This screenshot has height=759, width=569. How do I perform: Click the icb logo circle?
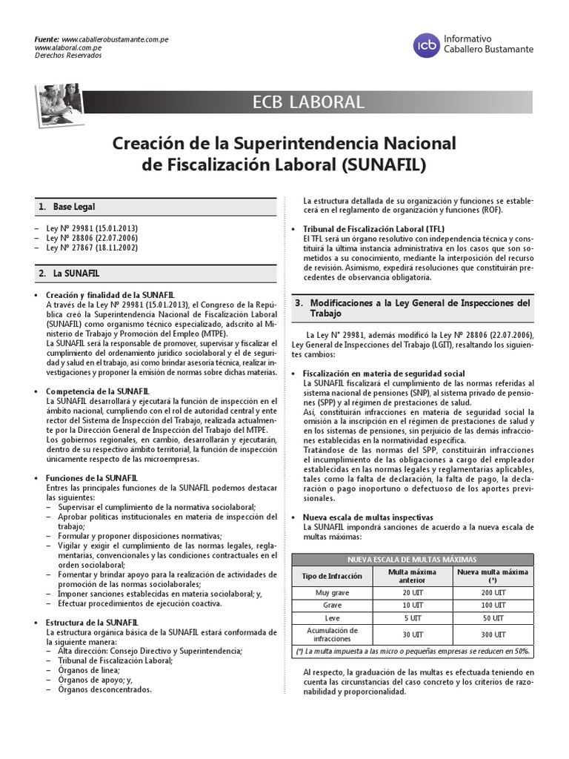click(x=427, y=45)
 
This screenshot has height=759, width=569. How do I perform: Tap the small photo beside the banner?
click(x=60, y=106)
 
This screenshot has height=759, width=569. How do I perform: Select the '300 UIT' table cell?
click(x=493, y=634)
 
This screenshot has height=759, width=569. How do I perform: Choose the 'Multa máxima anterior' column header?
click(x=413, y=576)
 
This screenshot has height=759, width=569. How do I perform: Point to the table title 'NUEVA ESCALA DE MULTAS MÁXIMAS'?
click(x=413, y=559)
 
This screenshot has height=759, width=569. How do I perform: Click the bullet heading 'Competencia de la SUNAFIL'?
click(x=92, y=391)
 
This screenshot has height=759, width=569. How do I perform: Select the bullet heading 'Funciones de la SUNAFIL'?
click(x=88, y=478)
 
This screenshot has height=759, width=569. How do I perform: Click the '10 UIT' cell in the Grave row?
click(x=413, y=605)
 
